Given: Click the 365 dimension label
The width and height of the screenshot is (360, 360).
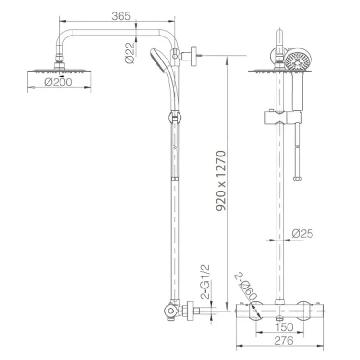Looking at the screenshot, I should pyautogui.click(x=121, y=16).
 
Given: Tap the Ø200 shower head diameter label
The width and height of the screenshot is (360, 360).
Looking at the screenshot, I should pyautogui.click(x=58, y=82).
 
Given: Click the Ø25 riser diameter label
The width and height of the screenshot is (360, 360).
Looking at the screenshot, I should pyautogui.click(x=302, y=234).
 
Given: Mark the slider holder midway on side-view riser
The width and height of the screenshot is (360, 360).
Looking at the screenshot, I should pyautogui.click(x=174, y=117).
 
